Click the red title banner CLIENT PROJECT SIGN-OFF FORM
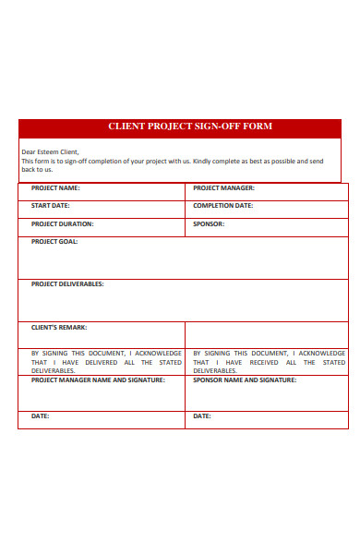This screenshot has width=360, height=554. click(x=190, y=126)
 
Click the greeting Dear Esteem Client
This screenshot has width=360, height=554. click(x=50, y=151)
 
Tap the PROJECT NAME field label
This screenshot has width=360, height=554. click(x=54, y=187)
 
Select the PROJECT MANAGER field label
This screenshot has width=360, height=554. click(x=223, y=187)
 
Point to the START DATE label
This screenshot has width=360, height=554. click(x=50, y=206)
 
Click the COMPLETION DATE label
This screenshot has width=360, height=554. click(x=222, y=206)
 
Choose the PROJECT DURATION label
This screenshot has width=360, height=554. click(x=62, y=223)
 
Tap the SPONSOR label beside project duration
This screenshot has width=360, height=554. click(x=209, y=223)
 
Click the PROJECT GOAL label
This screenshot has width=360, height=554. click(x=54, y=242)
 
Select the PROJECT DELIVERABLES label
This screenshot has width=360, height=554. click(x=67, y=284)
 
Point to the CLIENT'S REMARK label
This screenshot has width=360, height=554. click(x=59, y=327)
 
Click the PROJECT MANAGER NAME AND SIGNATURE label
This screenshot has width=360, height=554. click(x=98, y=379)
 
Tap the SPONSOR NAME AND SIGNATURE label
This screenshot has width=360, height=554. click(x=245, y=379)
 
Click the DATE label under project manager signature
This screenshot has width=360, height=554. click(x=40, y=416)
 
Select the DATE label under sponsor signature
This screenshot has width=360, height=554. click(x=201, y=416)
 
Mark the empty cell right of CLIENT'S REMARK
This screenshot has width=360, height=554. click(x=266, y=334)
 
